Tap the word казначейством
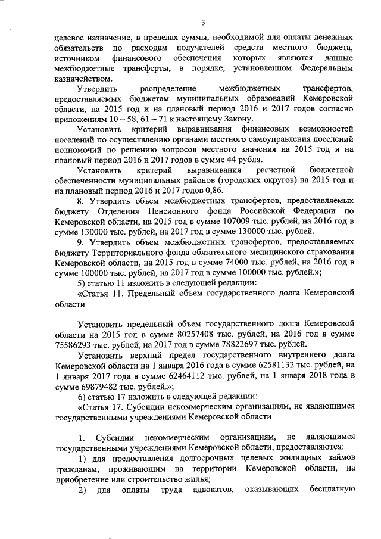click(x=81, y=78)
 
